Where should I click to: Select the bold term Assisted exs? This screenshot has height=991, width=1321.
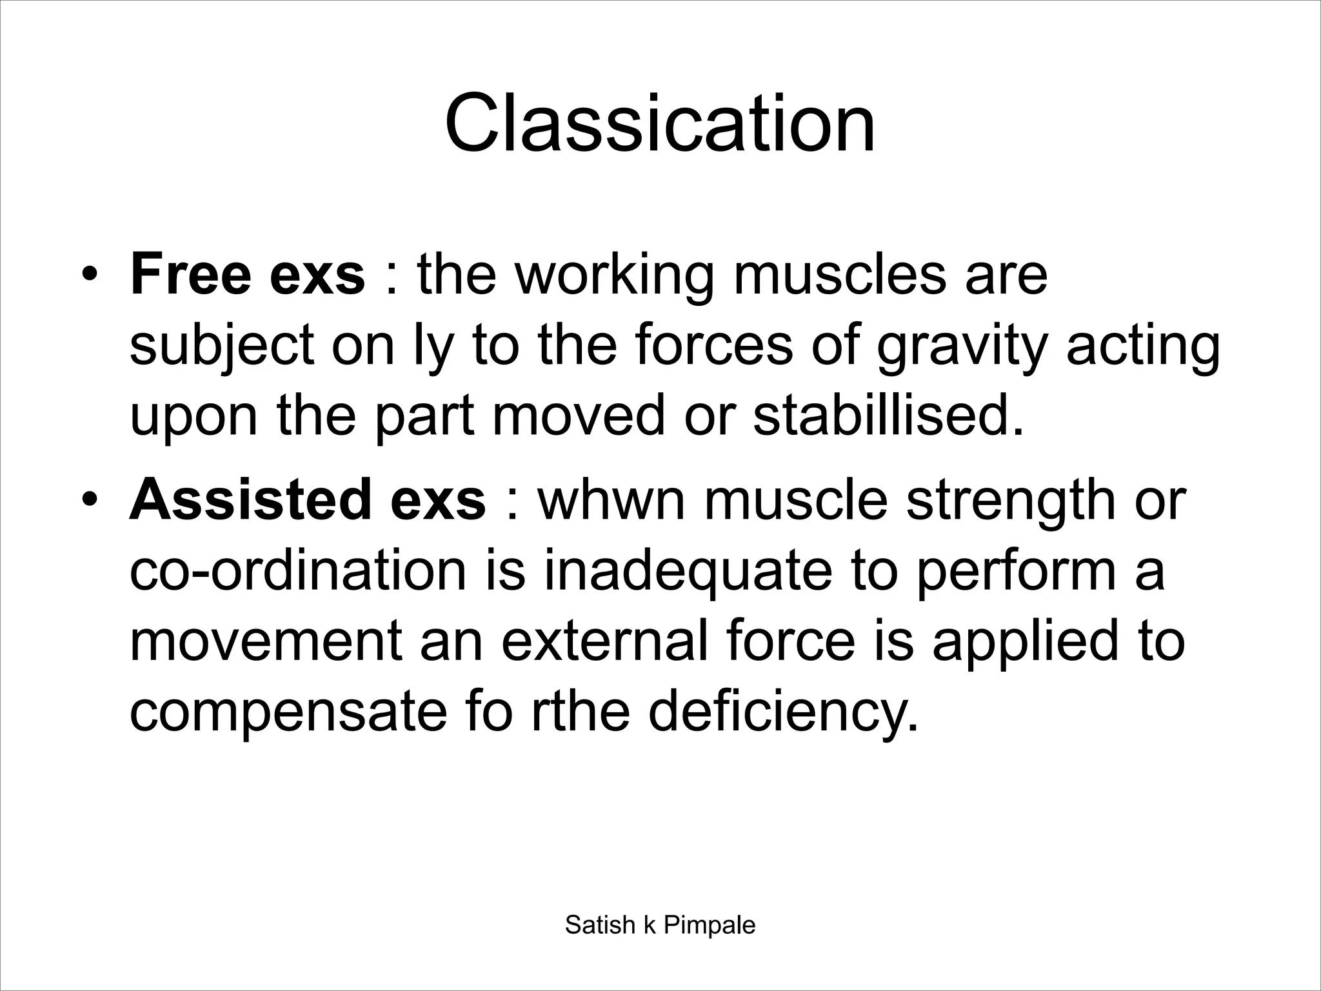coord(307,501)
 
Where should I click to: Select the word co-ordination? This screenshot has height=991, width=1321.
coord(297,571)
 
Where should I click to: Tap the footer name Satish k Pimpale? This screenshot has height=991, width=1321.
coord(660,925)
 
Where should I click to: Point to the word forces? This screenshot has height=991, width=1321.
coord(713,346)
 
